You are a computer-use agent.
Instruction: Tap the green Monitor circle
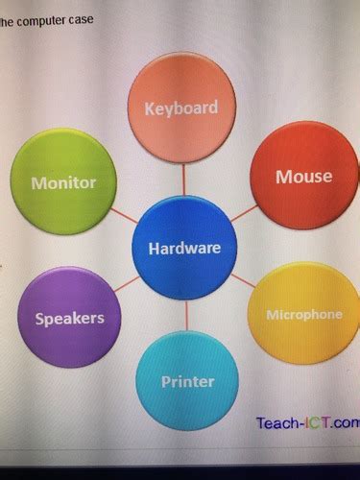pyautogui.click(x=63, y=181)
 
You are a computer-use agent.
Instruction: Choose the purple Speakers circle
pyautogui.click(x=70, y=317)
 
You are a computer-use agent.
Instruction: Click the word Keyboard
pyautogui.click(x=181, y=108)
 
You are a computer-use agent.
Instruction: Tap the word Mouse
pyautogui.click(x=303, y=176)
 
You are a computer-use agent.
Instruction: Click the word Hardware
pyautogui.click(x=184, y=249)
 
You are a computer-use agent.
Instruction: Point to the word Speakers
pyautogui.click(x=69, y=318)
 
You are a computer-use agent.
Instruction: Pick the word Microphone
pyautogui.click(x=303, y=315)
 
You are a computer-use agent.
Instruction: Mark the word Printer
pyautogui.click(x=187, y=382)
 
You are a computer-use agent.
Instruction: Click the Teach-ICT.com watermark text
pyautogui.click(x=306, y=422)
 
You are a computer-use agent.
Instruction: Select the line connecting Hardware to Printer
pyautogui.click(x=186, y=316)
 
